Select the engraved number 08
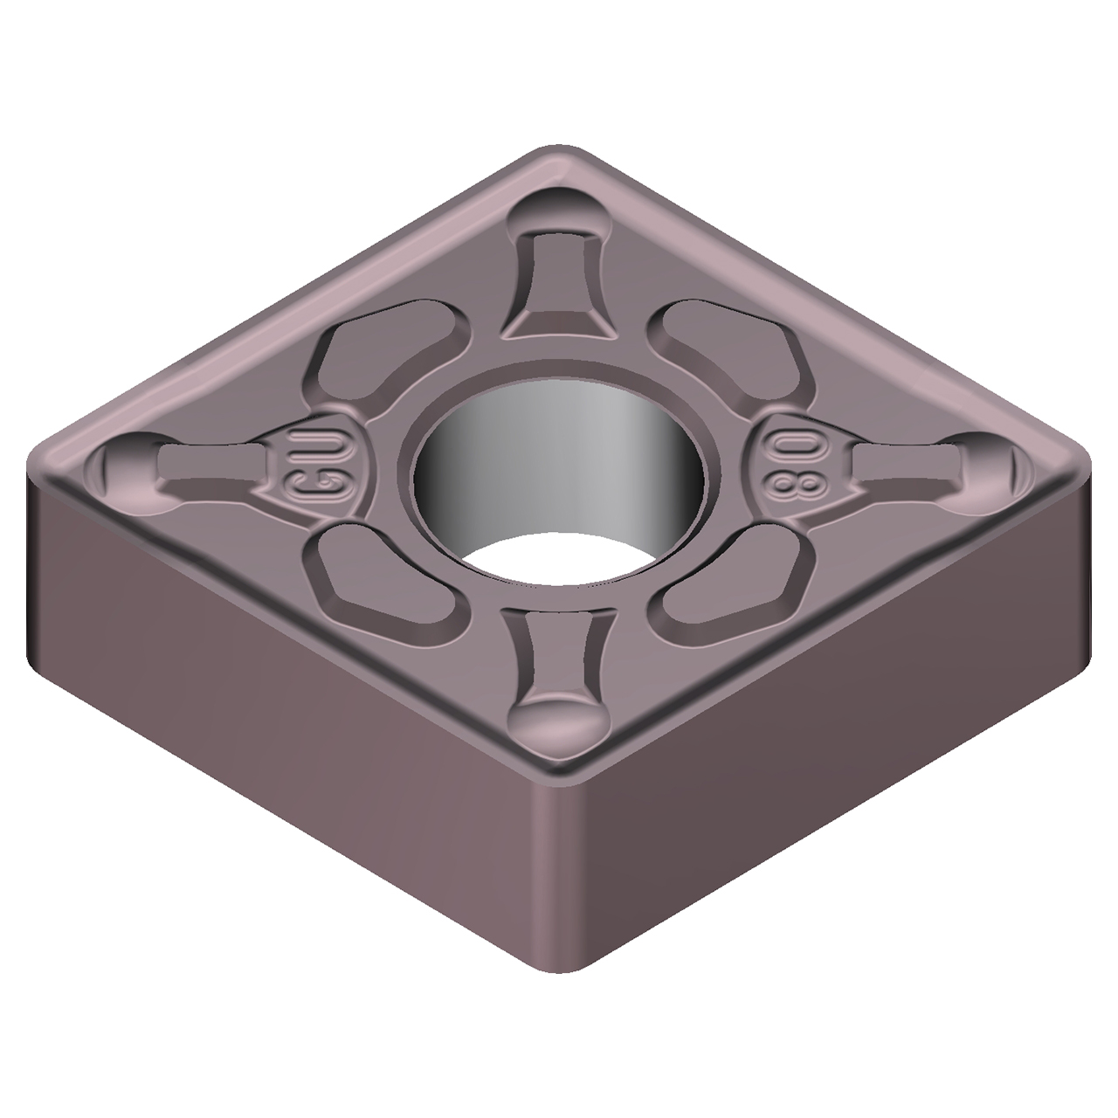(793, 459)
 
